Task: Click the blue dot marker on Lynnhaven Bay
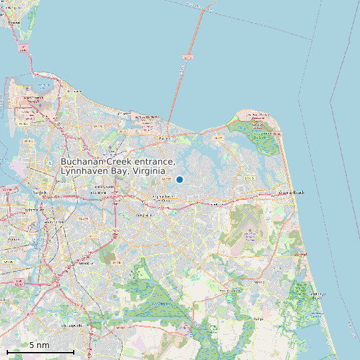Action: pos(179,179)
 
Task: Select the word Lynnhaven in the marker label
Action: pos(84,171)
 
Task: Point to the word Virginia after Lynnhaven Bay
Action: pos(149,171)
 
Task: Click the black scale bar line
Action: pos(40,351)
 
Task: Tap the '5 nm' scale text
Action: pos(39,345)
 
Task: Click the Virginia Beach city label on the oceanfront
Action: pos(290,193)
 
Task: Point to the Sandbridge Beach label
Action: pos(317,296)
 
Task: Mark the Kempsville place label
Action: pos(143,215)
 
